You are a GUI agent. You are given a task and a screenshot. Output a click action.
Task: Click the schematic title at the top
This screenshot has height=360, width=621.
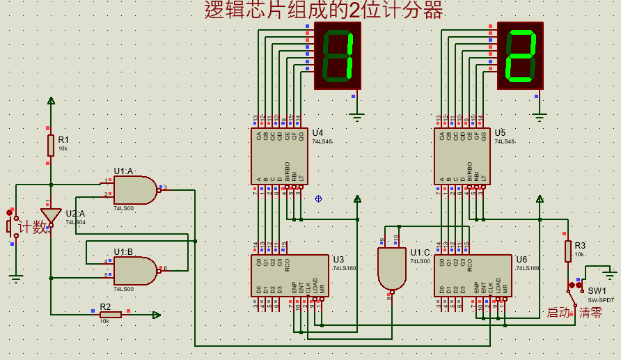click(x=324, y=10)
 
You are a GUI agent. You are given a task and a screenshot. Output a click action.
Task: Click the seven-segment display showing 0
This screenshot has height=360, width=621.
click(x=338, y=56)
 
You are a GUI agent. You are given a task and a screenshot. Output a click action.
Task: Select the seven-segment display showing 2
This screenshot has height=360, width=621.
click(x=520, y=56)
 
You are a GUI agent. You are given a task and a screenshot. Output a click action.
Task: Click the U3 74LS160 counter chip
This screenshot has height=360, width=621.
click(x=290, y=276)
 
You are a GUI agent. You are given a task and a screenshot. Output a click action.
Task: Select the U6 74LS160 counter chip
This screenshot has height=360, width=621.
click(x=473, y=276)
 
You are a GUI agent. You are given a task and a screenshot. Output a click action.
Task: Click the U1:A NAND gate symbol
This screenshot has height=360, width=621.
click(x=135, y=189)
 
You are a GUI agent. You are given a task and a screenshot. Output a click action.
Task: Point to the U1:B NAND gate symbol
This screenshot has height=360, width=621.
click(x=135, y=271)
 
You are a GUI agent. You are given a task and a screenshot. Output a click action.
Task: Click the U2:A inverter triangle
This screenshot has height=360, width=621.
click(x=51, y=216)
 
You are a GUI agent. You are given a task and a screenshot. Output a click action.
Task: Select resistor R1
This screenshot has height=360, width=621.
click(x=51, y=146)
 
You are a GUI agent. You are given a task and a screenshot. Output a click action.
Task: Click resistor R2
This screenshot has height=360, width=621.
click(x=111, y=315)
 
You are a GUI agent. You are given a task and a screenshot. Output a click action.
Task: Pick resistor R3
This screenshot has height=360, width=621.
click(x=568, y=251)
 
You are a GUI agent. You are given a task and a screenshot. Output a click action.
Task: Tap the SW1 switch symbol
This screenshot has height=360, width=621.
click(x=577, y=286)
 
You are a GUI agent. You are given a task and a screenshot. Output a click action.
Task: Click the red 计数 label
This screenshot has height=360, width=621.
click(x=33, y=227)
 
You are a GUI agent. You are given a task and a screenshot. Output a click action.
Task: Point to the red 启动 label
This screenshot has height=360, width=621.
click(x=558, y=313)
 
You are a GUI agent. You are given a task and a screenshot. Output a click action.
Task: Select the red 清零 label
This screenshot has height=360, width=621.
click(x=590, y=313)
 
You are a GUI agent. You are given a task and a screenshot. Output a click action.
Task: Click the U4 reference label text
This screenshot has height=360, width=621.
click(x=317, y=132)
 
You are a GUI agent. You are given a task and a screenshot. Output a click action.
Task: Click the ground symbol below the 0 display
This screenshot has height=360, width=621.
click(x=356, y=117)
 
